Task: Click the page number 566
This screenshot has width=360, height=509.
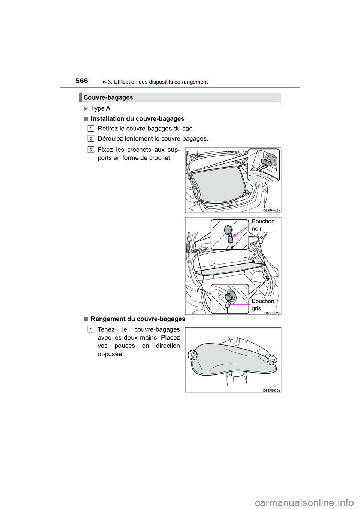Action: (82, 81)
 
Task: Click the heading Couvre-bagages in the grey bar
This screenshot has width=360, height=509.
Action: (108, 97)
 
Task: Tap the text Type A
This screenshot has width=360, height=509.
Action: (100, 109)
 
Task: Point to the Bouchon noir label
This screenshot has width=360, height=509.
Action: (263, 225)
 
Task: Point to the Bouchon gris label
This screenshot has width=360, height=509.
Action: (262, 305)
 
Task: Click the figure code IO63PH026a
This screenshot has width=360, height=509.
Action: (271, 210)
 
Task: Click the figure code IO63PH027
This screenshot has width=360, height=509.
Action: (272, 313)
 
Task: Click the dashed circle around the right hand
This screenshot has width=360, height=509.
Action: (271, 359)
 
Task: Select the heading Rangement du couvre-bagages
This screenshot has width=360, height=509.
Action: (138, 319)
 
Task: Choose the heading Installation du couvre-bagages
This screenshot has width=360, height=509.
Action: (137, 119)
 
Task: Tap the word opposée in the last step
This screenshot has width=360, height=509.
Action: (111, 354)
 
